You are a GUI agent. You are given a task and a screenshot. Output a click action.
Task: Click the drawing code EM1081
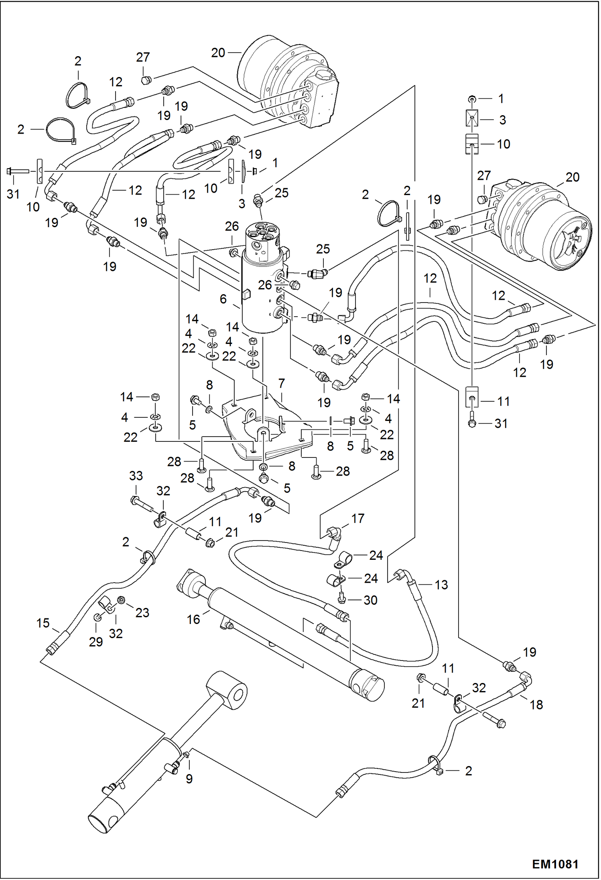pos(555,864)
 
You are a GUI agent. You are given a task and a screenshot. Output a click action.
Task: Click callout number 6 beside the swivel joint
pos(223,299)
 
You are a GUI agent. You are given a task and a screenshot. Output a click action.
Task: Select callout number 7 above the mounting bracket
pos(281,383)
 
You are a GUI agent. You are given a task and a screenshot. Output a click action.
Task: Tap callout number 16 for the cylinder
pos(193,619)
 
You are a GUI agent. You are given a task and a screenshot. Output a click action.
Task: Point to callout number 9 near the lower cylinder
pos(189,779)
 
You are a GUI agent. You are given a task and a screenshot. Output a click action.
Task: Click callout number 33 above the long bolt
pos(136,476)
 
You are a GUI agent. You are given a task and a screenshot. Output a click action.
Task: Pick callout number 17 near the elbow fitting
pos(357,518)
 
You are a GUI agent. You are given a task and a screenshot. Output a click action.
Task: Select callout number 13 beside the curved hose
pos(441,585)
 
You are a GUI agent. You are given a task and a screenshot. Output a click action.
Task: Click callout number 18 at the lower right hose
pos(536,704)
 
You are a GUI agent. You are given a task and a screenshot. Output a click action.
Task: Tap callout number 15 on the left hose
pos(43,623)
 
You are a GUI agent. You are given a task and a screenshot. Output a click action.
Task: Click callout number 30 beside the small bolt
pos(370,600)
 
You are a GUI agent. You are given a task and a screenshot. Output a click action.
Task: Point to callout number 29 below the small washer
pos(95,642)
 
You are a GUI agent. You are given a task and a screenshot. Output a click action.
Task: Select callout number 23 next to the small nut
pos(142,612)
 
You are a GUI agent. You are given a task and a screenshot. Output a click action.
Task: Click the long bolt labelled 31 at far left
pos(18,171)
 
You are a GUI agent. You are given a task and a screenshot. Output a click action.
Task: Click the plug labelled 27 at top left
pos(146,81)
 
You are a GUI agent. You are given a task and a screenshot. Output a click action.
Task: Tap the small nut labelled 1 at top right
pos(473,98)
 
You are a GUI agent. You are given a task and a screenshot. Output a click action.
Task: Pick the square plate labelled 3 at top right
pos(472,119)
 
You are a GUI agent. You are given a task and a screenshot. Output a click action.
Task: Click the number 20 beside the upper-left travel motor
pos(218,53)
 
